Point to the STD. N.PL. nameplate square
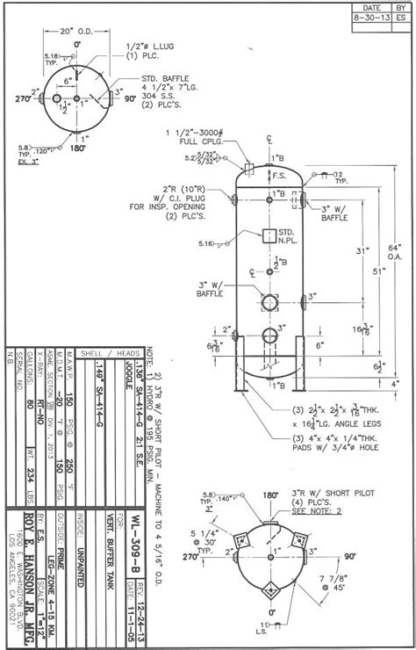click(x=269, y=235)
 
